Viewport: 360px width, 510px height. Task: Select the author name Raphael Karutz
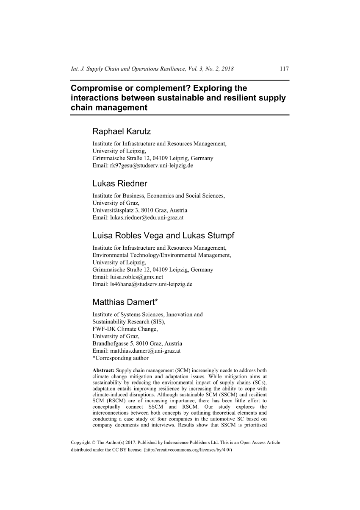[x=122, y=132]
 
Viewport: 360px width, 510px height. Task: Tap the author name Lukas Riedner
[x=120, y=184]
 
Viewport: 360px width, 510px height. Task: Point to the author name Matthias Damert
[x=124, y=302]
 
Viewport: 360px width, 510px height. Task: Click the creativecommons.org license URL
[x=186, y=450]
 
